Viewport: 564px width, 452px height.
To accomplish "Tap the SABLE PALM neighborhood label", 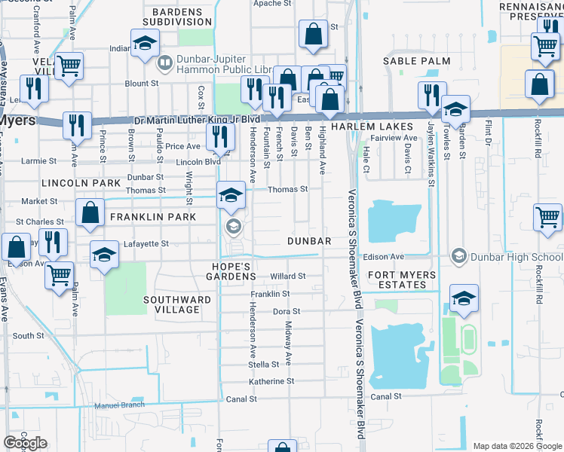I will (x=416, y=60).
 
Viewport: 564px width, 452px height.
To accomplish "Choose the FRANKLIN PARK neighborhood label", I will (x=153, y=217).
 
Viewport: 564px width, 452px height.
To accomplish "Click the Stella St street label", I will (x=264, y=365).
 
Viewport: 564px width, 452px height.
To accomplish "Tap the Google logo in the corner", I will (x=25, y=443).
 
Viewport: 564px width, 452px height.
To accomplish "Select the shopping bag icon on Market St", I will (x=90, y=215).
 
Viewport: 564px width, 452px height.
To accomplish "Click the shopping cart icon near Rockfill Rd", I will (x=547, y=218).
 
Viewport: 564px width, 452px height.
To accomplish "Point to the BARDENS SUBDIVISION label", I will (x=177, y=17).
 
